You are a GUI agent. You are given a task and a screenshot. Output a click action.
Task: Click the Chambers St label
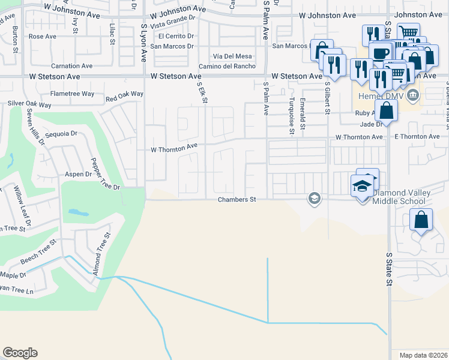tap(237, 199)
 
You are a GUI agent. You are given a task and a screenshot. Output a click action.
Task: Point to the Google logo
tap(20, 353)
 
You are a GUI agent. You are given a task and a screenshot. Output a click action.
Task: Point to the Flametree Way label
tap(72, 94)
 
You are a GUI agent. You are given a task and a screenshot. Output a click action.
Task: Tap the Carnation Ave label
tap(73, 66)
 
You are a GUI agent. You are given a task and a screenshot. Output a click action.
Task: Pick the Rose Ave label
tap(42, 37)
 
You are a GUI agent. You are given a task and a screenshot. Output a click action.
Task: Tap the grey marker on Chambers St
tap(313, 198)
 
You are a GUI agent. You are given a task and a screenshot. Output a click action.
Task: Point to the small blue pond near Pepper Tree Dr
tap(76, 212)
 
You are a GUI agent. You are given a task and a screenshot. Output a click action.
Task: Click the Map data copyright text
tap(424, 355)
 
